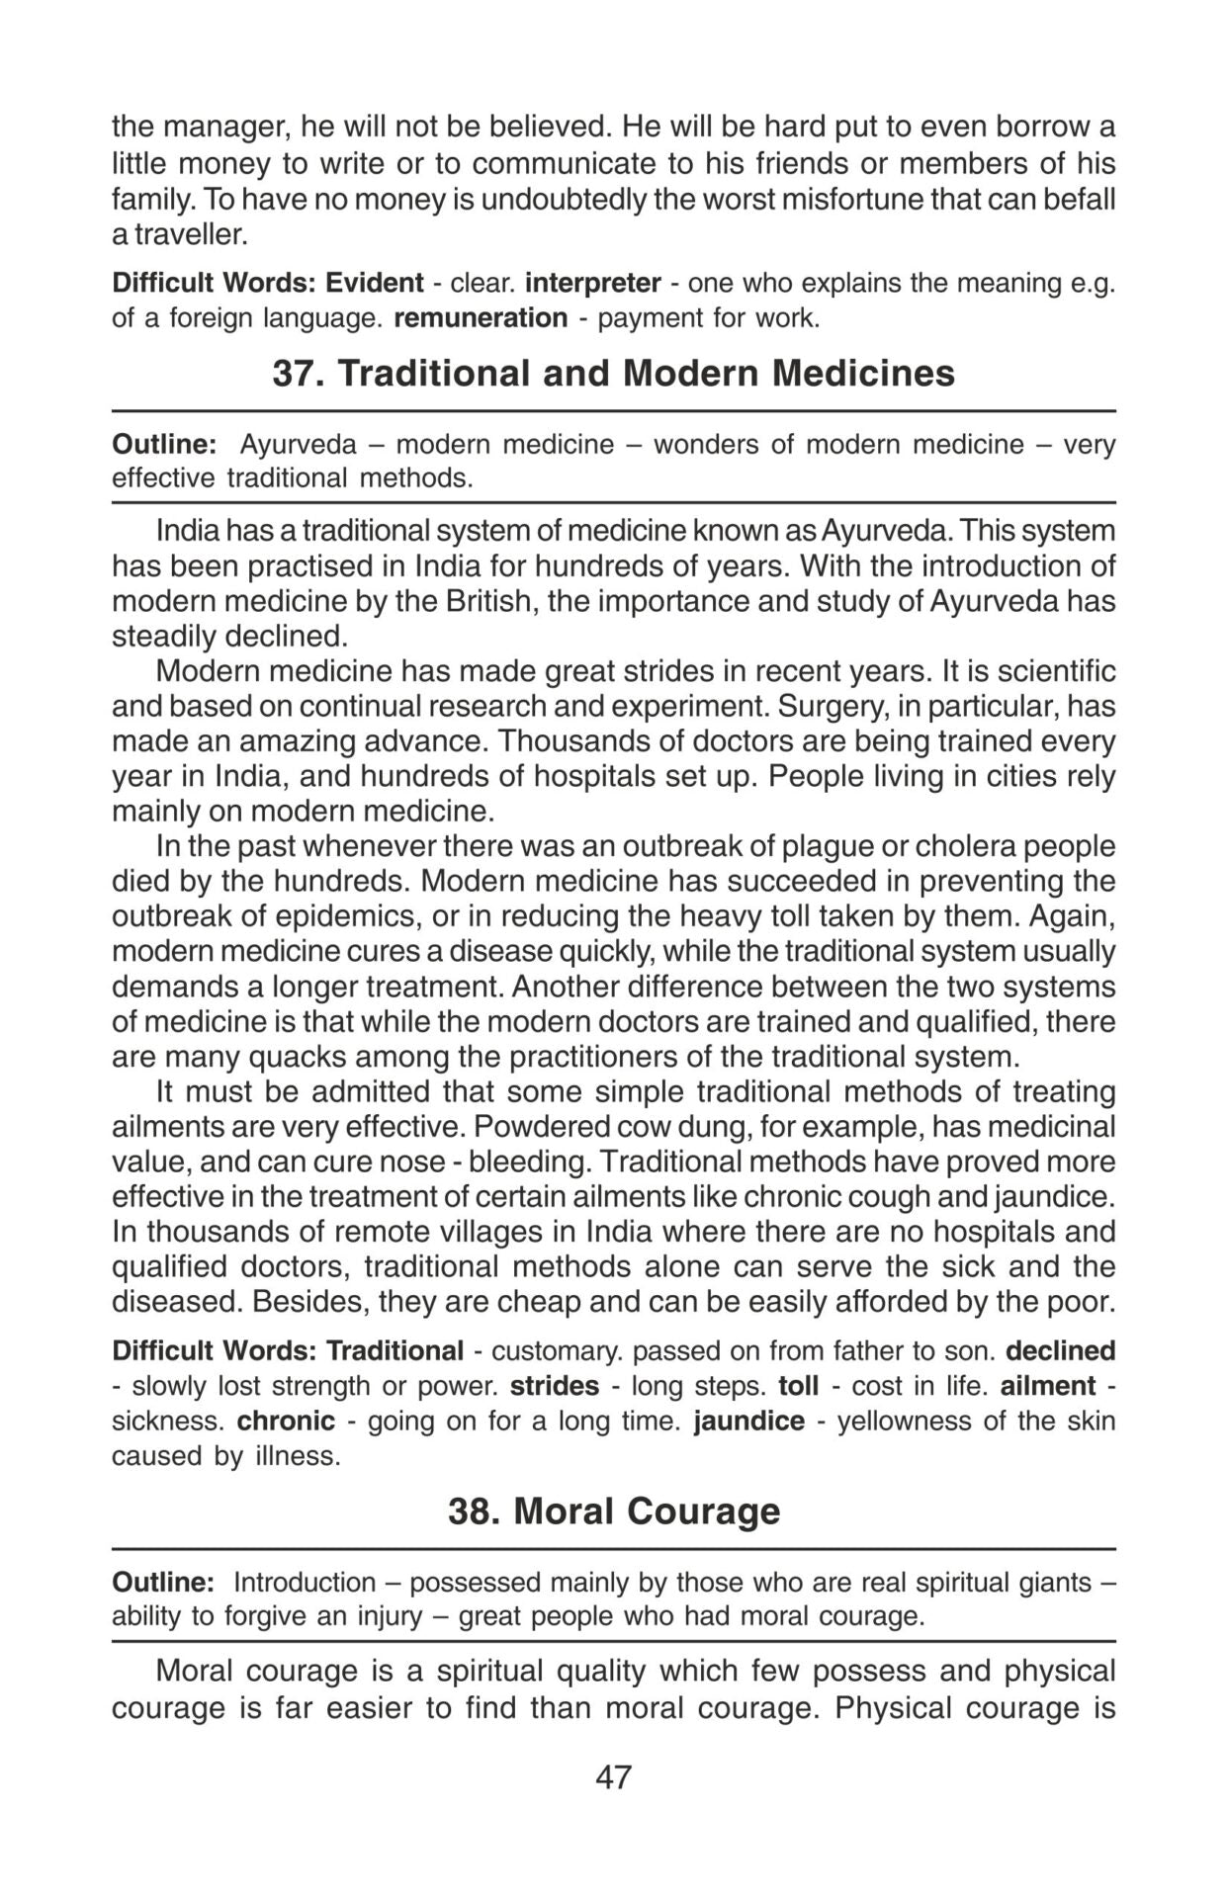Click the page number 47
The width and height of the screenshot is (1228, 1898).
[x=613, y=1776]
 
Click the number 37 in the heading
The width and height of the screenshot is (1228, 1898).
[x=293, y=374]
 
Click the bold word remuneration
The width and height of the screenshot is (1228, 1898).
[x=481, y=318]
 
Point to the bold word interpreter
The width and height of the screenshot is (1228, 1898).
[x=592, y=283]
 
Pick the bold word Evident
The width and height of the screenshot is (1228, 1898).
[x=375, y=283]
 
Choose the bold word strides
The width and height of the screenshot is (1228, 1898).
[x=555, y=1386]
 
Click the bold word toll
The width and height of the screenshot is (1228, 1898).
[x=798, y=1386]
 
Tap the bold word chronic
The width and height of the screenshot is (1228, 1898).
[x=286, y=1421]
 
